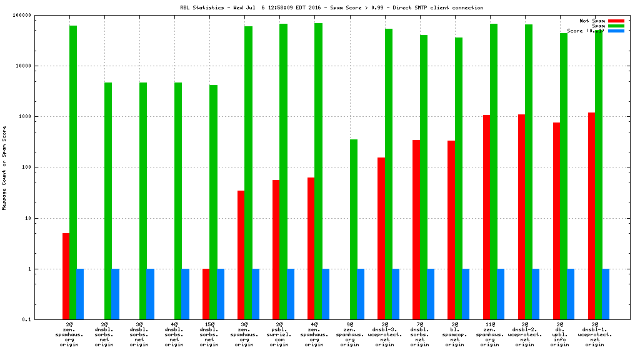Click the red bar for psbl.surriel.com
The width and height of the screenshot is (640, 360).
(x=276, y=249)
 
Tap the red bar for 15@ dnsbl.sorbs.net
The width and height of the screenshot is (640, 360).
(x=206, y=294)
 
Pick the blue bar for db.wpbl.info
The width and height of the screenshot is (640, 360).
(x=571, y=294)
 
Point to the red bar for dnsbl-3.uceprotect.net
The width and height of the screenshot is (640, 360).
(x=381, y=238)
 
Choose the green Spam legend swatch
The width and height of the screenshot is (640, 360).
(x=616, y=26)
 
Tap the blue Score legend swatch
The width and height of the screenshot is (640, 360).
(x=616, y=31)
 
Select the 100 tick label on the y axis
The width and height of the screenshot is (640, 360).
(x=44, y=167)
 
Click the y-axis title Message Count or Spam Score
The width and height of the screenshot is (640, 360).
(x=4, y=167)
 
